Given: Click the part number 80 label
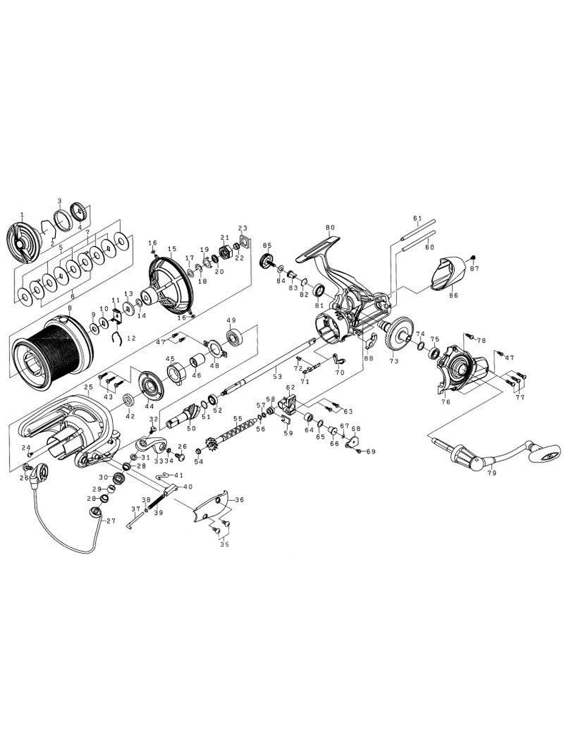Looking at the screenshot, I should [x=330, y=228].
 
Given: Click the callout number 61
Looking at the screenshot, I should [x=418, y=218].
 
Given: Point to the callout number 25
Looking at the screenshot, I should [x=88, y=388].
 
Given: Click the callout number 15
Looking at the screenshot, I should [x=171, y=248].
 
